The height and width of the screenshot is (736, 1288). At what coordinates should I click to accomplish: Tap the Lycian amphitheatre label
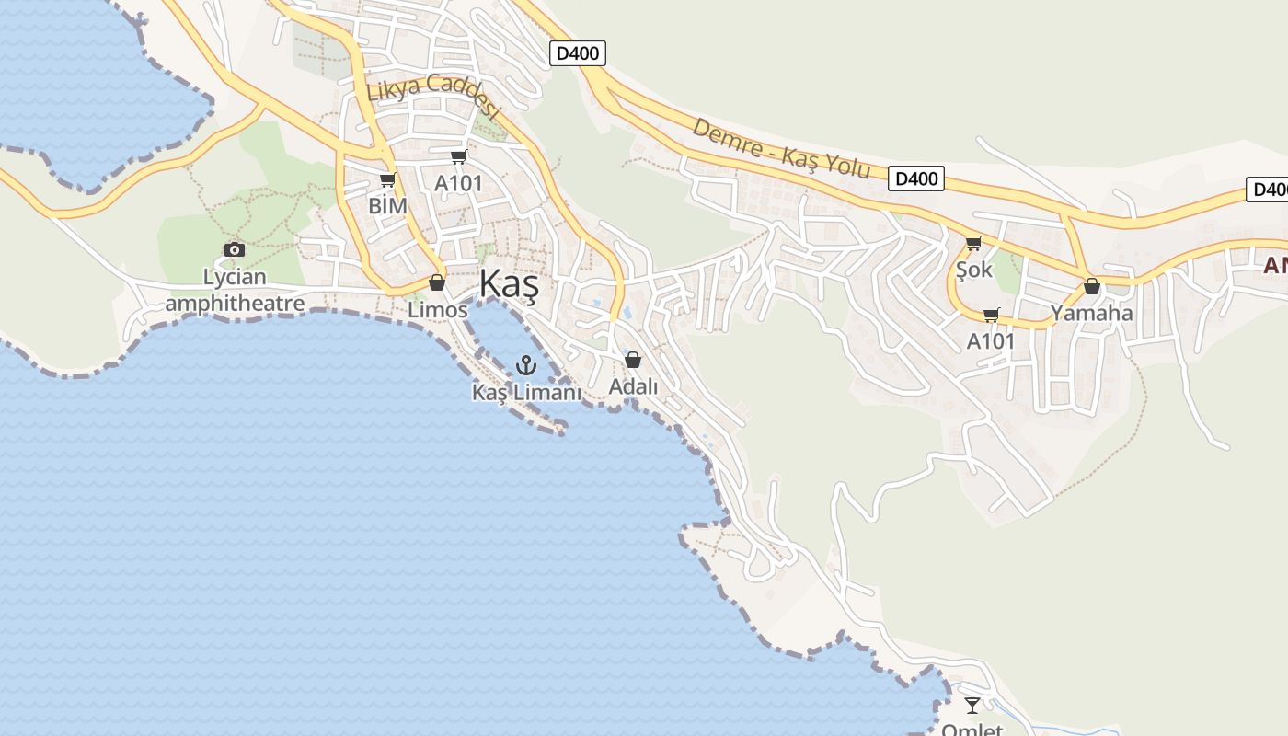point(235,290)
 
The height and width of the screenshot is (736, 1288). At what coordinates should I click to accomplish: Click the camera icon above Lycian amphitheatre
point(235,249)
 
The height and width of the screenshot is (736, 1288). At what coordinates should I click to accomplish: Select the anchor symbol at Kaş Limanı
point(525,365)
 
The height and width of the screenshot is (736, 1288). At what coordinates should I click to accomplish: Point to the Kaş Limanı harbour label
point(526,393)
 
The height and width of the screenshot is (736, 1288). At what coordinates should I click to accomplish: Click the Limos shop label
point(437,310)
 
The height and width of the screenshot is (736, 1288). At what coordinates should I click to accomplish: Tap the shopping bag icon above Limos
point(437,282)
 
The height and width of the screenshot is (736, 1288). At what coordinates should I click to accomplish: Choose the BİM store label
point(387,206)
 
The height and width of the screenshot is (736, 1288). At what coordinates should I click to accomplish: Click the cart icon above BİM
point(387,179)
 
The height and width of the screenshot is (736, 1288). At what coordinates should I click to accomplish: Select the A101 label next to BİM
point(458,183)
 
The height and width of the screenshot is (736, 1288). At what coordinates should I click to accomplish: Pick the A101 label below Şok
point(991,341)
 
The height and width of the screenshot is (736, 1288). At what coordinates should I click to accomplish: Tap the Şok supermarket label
point(974,270)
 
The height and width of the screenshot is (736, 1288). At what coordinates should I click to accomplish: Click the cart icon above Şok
point(973,244)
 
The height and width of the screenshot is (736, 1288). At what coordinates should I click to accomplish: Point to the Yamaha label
point(1092,313)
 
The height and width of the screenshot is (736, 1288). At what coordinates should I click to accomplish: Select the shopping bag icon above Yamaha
point(1092,286)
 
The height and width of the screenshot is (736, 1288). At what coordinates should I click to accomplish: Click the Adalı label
point(633,387)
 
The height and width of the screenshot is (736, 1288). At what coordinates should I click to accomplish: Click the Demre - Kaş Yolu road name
point(780,148)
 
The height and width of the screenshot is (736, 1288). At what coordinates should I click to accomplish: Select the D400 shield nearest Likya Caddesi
point(578,53)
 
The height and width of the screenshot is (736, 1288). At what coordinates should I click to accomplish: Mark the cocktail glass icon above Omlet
point(972,706)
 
